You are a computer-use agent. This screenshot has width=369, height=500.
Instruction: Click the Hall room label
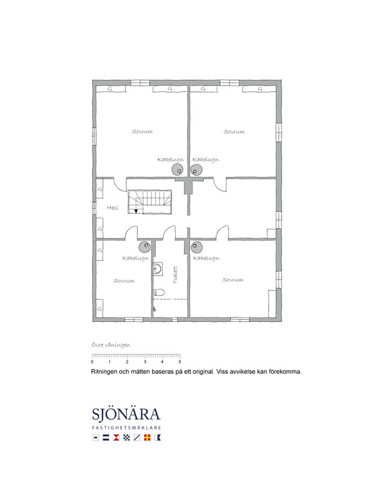pyautogui.click(x=113, y=208)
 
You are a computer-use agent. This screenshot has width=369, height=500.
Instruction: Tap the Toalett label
pyautogui.click(x=175, y=275)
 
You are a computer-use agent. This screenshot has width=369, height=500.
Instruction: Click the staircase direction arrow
pyautogui.click(x=136, y=211)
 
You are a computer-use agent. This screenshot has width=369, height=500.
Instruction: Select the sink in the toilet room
pyautogui.click(x=158, y=269)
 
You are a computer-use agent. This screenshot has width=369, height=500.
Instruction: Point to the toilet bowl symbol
pyautogui.click(x=159, y=292)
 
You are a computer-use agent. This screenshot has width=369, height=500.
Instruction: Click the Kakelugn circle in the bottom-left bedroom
pyautogui.click(x=144, y=246)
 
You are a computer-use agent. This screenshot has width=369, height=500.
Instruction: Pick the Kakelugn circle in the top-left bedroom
pyautogui.click(x=178, y=170)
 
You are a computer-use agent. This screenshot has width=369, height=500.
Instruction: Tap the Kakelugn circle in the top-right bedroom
pyautogui.click(x=196, y=170)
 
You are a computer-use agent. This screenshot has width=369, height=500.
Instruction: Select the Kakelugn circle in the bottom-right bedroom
pyautogui.click(x=196, y=247)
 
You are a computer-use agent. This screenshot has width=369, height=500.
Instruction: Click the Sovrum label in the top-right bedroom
pyautogui.click(x=234, y=132)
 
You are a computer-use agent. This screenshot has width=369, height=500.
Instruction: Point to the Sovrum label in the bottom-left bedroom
pyautogui.click(x=124, y=281)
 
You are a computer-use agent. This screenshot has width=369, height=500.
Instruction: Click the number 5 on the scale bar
pyautogui.click(x=179, y=362)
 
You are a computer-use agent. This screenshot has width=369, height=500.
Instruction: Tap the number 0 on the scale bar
pyautogui.click(x=93, y=362)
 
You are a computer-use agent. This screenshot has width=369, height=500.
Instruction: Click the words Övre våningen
pyautogui.click(x=111, y=345)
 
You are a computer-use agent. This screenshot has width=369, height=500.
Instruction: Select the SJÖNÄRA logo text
pyautogui.click(x=126, y=414)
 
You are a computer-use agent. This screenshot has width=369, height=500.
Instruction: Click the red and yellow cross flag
pyautogui.click(x=147, y=437)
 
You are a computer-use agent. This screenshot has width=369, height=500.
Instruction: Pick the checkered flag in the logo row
pyautogui.click(x=126, y=437)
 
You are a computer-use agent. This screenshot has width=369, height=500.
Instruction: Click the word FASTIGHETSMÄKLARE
pyautogui.click(x=126, y=427)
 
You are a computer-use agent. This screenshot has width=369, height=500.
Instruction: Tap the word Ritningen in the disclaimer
pyautogui.click(x=104, y=372)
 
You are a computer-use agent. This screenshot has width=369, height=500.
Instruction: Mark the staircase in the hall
pyautogui.click(x=149, y=202)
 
